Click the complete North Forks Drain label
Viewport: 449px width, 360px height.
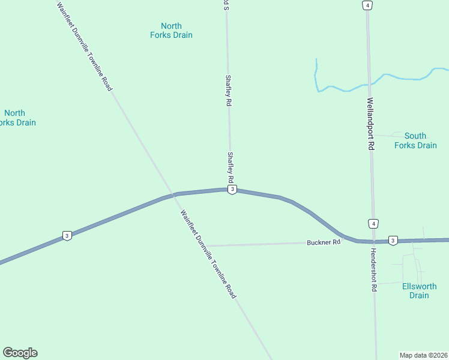pos(171,31)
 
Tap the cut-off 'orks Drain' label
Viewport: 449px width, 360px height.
pos(17,118)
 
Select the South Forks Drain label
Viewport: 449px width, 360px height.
pos(415,140)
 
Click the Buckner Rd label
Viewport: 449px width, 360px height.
pos(324,242)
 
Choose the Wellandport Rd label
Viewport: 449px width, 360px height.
pos(370,124)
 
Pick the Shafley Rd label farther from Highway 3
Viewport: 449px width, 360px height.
pos(228,91)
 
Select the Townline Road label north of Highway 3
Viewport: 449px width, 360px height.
pos(85,46)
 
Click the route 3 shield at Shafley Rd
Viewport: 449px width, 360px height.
pos(232,190)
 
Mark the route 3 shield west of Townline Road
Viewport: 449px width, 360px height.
pos(67,235)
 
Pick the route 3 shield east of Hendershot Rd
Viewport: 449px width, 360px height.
pos(393,240)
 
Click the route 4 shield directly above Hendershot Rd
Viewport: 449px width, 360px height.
pos(373,224)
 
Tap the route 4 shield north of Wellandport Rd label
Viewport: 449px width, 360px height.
pos(367,5)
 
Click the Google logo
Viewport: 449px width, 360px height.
pos(20,353)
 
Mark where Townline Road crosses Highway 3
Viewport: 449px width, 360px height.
pos(173,194)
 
